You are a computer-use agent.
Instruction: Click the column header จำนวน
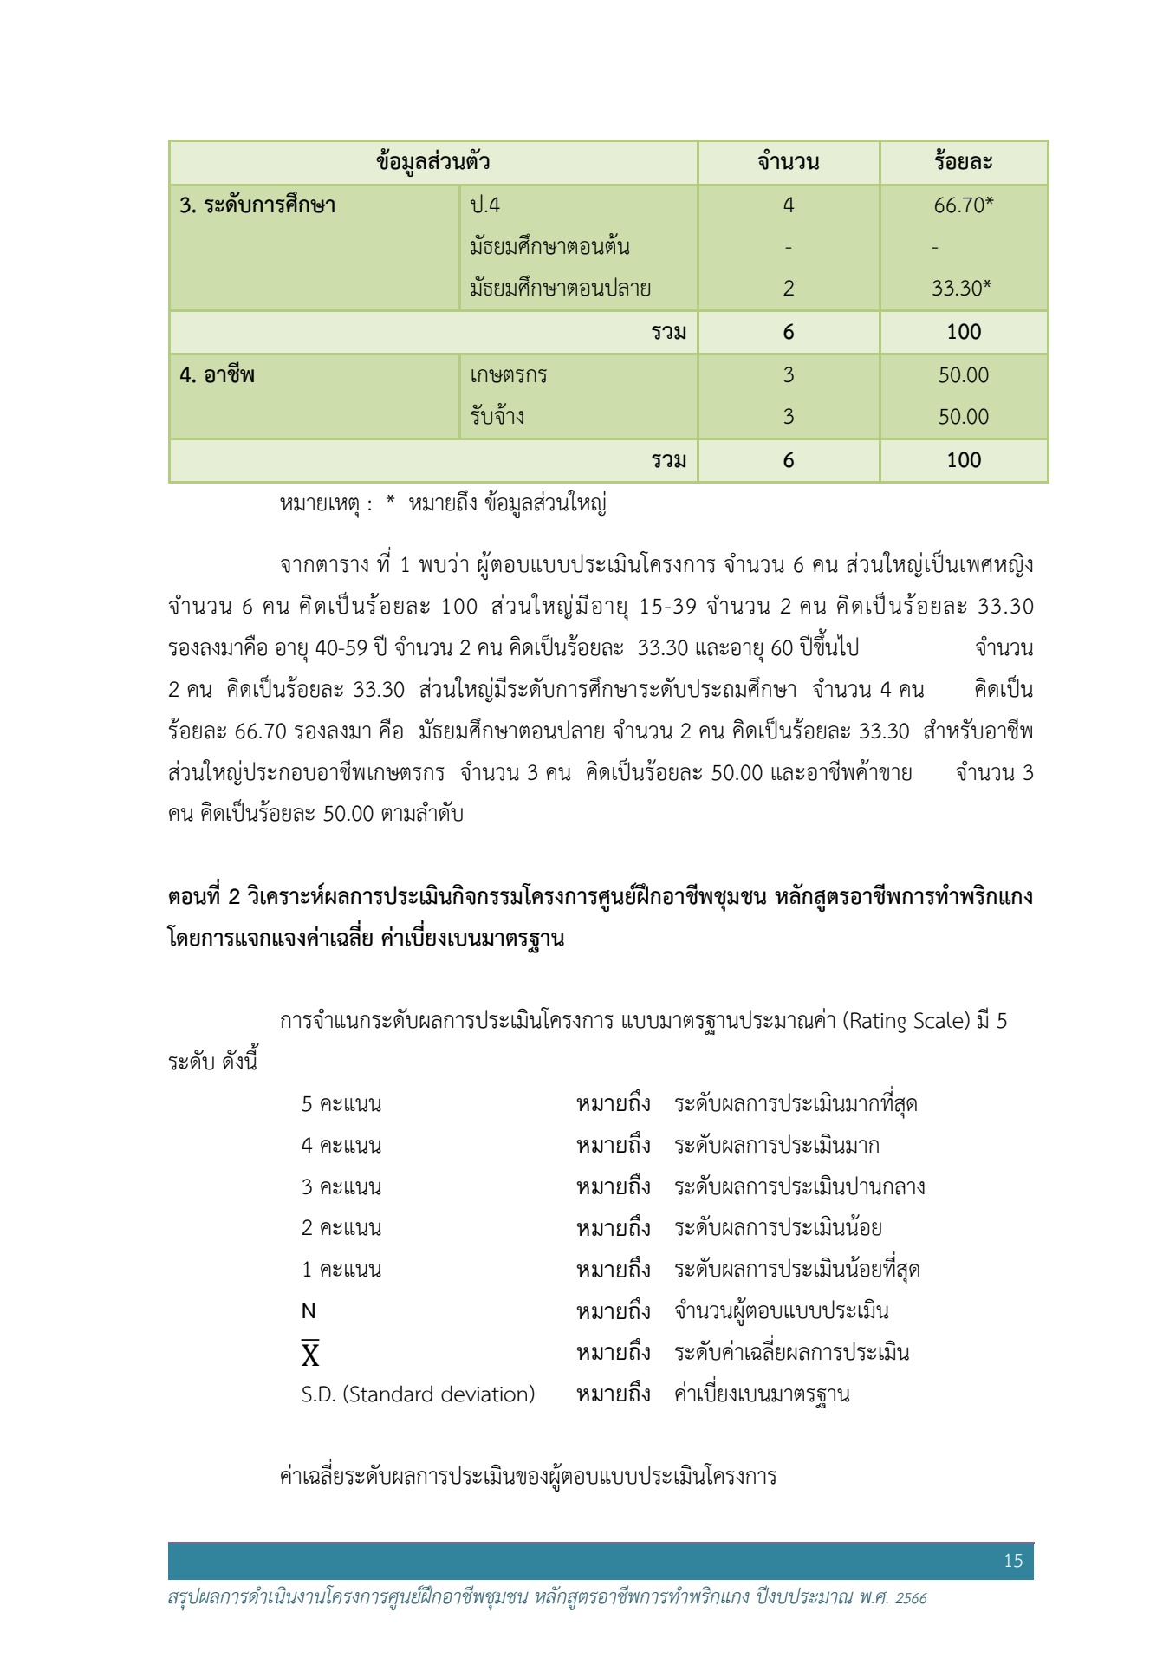788,162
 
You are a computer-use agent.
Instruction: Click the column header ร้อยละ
963,162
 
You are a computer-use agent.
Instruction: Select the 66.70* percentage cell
963,205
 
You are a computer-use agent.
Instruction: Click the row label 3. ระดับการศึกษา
257,205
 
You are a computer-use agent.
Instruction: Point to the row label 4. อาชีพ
217,375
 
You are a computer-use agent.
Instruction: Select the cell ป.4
485,205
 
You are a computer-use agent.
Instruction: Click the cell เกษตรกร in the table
509,375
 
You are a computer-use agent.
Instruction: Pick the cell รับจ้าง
497,417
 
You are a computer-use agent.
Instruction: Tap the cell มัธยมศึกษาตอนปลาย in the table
560,289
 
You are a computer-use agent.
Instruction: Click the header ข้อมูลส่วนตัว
433,162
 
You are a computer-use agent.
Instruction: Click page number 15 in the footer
1013,1561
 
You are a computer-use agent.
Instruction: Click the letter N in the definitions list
309,1312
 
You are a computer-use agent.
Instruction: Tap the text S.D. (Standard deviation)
418,1394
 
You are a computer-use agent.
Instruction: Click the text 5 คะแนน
341,1104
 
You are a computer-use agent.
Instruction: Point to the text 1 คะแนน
341,1270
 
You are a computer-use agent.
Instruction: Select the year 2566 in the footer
911,1598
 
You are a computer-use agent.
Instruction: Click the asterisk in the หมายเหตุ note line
391,503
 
